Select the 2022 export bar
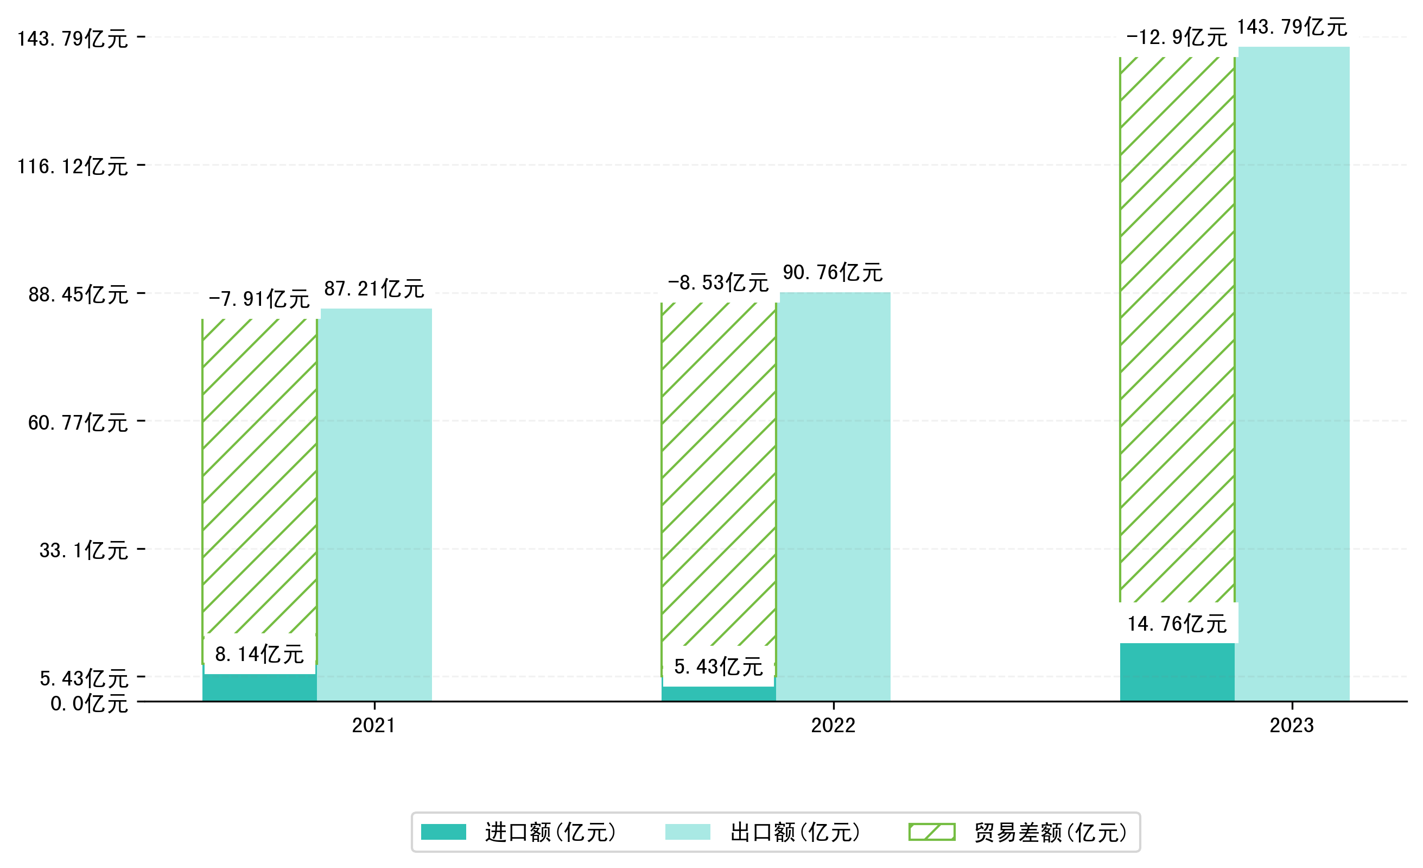point(835,497)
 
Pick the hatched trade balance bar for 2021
point(259,474)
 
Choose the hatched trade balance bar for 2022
point(719,474)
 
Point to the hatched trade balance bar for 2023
point(1177,329)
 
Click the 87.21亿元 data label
point(374,289)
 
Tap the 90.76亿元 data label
point(833,273)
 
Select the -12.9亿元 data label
point(1177,37)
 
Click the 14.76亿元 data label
point(1177,624)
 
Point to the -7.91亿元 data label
point(259,299)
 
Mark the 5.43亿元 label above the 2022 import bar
point(719,667)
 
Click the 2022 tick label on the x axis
point(833,725)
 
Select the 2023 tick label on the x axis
point(1291,725)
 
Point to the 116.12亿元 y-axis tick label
point(73,166)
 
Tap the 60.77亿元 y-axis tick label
point(78,423)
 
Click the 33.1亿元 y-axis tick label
point(84,550)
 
